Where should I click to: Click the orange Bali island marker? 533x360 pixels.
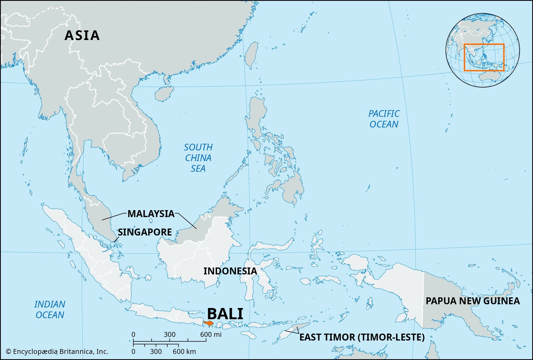209,324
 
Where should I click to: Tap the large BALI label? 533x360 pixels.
225,314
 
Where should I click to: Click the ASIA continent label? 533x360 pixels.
82,35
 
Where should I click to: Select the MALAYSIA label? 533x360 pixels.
151,214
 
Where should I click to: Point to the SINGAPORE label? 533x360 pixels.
145,232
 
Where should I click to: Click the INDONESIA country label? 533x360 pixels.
230,271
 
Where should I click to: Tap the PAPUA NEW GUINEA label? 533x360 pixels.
473,301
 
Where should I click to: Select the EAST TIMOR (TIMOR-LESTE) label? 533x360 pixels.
362,337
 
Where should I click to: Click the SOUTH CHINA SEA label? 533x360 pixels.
198,158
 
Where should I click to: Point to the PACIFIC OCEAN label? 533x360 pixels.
384,119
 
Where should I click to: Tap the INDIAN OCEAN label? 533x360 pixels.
50,309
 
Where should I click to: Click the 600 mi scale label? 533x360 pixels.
211,334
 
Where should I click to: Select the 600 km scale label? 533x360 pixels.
184,351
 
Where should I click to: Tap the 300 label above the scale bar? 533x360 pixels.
169,334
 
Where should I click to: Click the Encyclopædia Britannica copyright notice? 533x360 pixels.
57,351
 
